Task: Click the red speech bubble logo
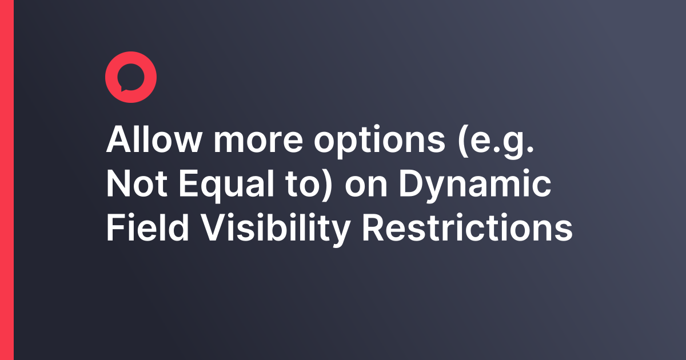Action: [131, 77]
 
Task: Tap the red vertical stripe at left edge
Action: [6, 180]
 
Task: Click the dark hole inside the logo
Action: [131, 76]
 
